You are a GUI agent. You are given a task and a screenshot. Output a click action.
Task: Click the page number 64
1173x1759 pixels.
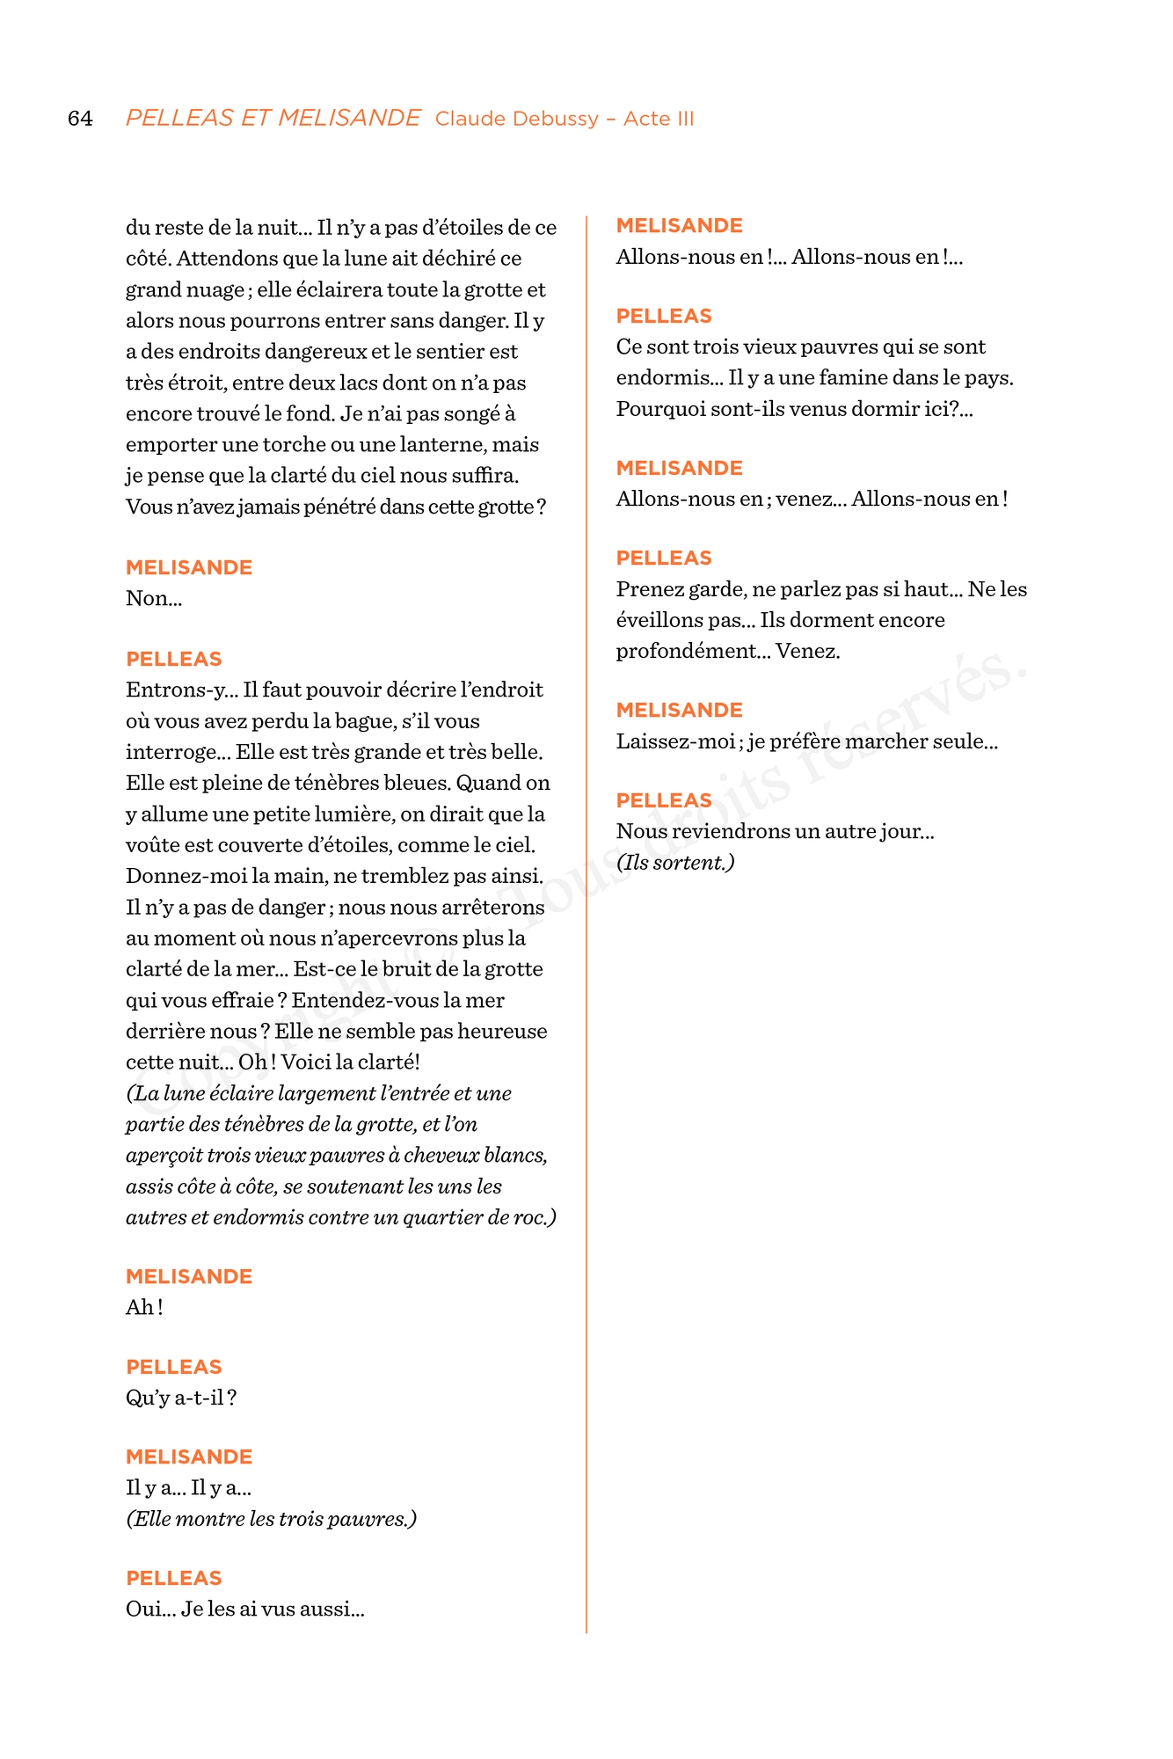[80, 119]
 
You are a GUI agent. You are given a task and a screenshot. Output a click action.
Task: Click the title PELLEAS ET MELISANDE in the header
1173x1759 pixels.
[273, 118]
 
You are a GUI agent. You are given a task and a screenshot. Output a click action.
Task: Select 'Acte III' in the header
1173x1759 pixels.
[659, 119]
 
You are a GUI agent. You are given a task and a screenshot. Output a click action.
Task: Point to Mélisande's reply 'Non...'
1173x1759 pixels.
[154, 599]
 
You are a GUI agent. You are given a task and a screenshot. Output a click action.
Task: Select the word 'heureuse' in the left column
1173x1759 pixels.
[508, 1032]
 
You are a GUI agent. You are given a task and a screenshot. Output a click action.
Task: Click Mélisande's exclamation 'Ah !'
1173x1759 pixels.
[144, 1308]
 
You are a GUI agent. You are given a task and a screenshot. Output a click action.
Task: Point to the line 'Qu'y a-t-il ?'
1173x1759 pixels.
[181, 1398]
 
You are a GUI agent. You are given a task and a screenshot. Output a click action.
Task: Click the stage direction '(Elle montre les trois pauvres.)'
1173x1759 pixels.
[271, 1519]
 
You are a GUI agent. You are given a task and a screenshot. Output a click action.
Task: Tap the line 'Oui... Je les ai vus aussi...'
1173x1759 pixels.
[244, 1609]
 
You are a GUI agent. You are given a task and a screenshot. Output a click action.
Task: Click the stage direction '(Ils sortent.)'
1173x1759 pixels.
[675, 863]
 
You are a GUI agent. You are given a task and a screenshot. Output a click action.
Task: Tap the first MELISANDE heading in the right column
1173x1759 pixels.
[679, 226]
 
